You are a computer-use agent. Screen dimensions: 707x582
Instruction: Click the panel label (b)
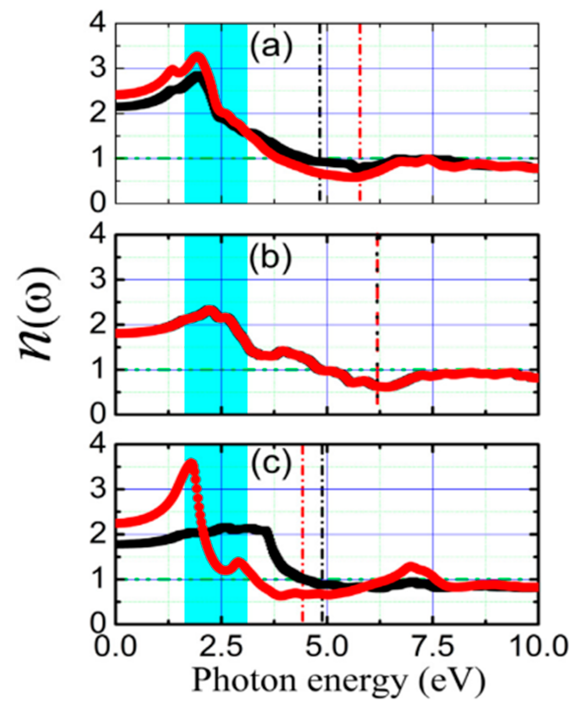[270, 259]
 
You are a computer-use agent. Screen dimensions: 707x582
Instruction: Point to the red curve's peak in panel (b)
[210, 311]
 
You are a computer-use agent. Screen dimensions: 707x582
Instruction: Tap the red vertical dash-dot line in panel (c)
[302, 521]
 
